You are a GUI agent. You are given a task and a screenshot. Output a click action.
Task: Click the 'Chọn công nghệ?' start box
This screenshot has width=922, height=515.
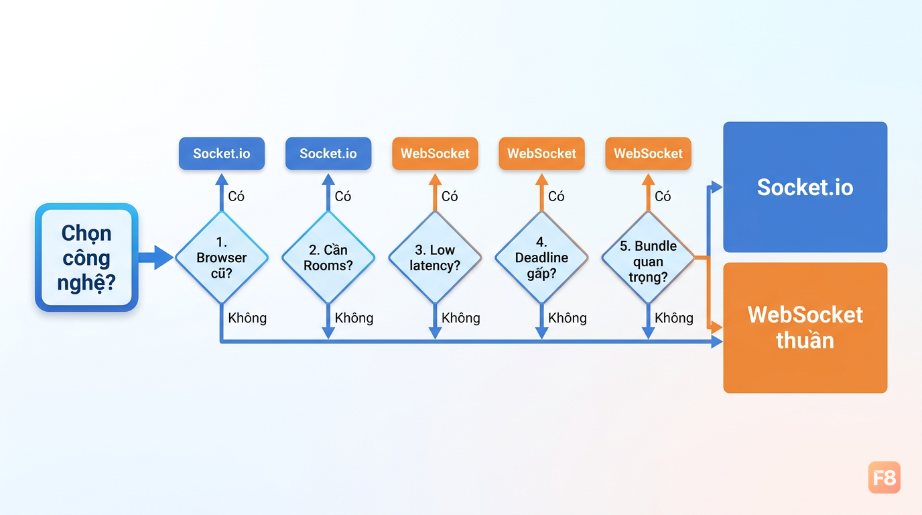click(x=86, y=257)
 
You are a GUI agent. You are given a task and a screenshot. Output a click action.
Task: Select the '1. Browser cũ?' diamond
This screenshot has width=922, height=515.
click(x=222, y=257)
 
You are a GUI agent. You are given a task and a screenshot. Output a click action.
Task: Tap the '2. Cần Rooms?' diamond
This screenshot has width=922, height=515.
click(x=328, y=257)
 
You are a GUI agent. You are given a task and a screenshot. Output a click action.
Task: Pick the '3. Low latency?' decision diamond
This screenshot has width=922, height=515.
click(x=435, y=257)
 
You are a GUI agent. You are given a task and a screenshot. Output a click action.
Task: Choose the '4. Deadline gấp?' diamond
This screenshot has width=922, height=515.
click(x=541, y=257)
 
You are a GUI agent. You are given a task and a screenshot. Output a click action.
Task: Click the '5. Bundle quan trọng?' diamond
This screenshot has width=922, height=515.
click(x=649, y=257)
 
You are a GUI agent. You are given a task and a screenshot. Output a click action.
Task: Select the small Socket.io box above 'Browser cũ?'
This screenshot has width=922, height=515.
click(x=222, y=154)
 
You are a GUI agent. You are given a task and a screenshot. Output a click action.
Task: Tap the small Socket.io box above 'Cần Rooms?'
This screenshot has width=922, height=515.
click(x=328, y=154)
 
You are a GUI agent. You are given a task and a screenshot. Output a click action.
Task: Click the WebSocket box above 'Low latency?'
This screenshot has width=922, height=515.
click(x=435, y=154)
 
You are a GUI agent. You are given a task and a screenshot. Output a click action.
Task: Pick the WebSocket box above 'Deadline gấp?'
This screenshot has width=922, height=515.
click(x=541, y=154)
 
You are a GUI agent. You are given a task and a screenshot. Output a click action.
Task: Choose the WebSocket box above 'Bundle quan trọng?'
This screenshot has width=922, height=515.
click(x=649, y=154)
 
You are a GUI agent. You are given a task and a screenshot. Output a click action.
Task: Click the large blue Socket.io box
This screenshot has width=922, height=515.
click(x=805, y=187)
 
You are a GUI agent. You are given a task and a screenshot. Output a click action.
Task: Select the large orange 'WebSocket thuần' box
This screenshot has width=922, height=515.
click(x=805, y=327)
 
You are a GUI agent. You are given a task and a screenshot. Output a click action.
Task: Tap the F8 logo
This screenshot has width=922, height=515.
click(x=884, y=477)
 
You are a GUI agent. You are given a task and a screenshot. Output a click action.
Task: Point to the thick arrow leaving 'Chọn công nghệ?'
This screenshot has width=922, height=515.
click(x=155, y=257)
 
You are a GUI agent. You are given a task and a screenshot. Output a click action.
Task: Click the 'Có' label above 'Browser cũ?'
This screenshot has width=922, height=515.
click(x=237, y=196)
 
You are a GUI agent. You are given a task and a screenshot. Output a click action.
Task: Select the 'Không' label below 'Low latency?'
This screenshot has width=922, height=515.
click(x=460, y=318)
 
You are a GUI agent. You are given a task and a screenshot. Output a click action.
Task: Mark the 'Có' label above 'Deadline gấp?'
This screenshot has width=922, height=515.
click(x=556, y=196)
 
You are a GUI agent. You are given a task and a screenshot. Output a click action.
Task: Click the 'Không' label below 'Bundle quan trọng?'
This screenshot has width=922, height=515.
click(x=674, y=318)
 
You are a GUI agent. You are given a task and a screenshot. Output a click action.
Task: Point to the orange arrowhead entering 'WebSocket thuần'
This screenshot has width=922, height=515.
click(x=717, y=328)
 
